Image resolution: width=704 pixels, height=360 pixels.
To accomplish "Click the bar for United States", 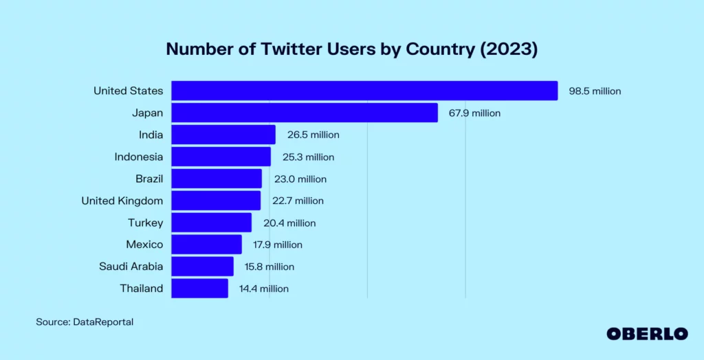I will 364,91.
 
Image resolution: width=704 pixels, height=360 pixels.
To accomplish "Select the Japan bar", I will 305,113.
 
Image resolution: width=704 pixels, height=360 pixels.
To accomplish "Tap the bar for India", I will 223,135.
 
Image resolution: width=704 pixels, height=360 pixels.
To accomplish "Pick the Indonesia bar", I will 221,157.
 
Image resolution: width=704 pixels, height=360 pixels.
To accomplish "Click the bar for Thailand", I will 199,289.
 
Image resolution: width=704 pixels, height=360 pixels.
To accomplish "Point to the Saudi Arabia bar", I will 202,267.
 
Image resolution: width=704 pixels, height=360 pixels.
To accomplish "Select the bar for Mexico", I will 206,245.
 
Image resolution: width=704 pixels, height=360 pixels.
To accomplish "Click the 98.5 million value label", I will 595,91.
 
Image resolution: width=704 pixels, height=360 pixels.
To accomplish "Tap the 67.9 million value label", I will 475,113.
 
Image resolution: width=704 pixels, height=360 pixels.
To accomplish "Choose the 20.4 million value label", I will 289,223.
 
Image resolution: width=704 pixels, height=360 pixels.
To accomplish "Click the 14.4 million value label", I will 264,289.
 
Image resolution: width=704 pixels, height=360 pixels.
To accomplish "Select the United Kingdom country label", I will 122,201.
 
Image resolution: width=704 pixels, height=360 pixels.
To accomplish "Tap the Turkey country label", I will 145,223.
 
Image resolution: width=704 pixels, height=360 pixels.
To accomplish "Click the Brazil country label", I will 149,179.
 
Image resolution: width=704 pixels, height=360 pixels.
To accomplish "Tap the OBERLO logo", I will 647,333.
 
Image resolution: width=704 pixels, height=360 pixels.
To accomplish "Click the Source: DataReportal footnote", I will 85,322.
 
